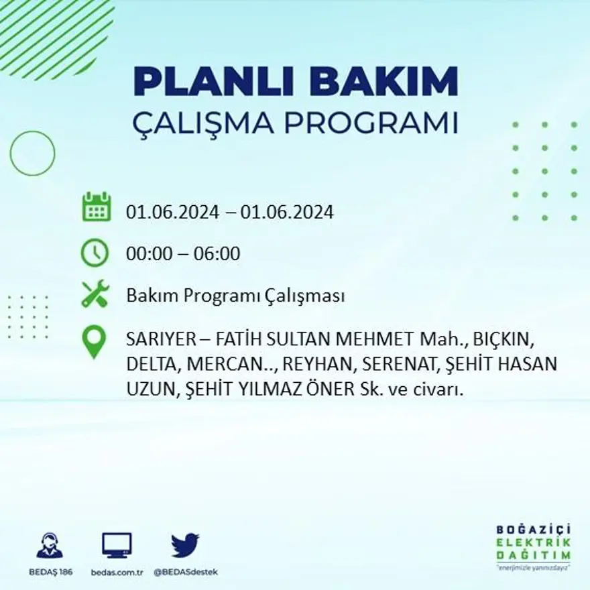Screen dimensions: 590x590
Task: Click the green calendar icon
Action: coord(96,207)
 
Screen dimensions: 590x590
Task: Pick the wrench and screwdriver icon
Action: coord(95,294)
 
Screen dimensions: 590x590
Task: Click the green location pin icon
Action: coord(94,341)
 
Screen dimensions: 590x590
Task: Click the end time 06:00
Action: coord(217,254)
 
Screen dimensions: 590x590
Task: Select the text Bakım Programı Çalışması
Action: coord(235,296)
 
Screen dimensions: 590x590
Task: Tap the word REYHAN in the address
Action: coord(310,365)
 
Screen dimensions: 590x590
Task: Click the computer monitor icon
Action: coord(117,545)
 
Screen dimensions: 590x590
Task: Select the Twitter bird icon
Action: coord(184,545)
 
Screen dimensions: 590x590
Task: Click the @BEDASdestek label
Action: coord(185,572)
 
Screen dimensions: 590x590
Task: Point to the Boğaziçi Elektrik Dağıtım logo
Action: coord(534,546)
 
